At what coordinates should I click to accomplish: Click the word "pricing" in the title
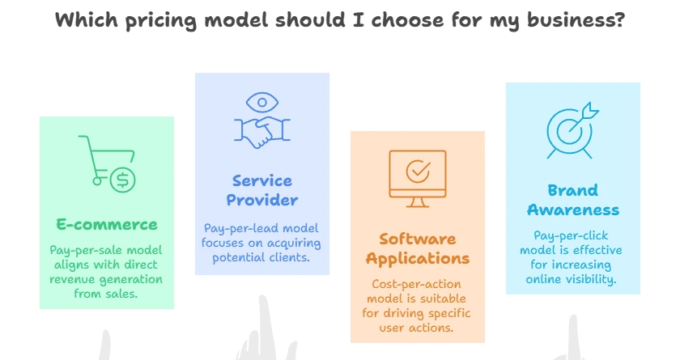(x=161, y=20)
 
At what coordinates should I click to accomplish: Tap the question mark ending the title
(x=618, y=19)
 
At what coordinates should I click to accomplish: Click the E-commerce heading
(x=107, y=224)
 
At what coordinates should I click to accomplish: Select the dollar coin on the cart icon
(x=123, y=180)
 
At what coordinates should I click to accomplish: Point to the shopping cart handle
(x=83, y=138)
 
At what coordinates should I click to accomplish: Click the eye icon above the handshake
(x=262, y=103)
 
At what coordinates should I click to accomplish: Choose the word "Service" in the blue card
(x=262, y=180)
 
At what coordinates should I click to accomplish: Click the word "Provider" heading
(x=262, y=200)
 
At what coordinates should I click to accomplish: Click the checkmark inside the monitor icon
(x=418, y=170)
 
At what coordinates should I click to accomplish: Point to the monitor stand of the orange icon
(x=418, y=203)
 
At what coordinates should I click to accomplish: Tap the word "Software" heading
(x=418, y=239)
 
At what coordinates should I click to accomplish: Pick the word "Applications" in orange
(x=418, y=259)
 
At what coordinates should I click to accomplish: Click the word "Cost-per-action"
(x=416, y=285)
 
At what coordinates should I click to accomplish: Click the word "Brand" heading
(x=573, y=190)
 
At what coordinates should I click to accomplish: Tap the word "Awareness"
(x=573, y=210)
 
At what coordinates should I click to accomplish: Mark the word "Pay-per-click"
(x=572, y=236)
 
